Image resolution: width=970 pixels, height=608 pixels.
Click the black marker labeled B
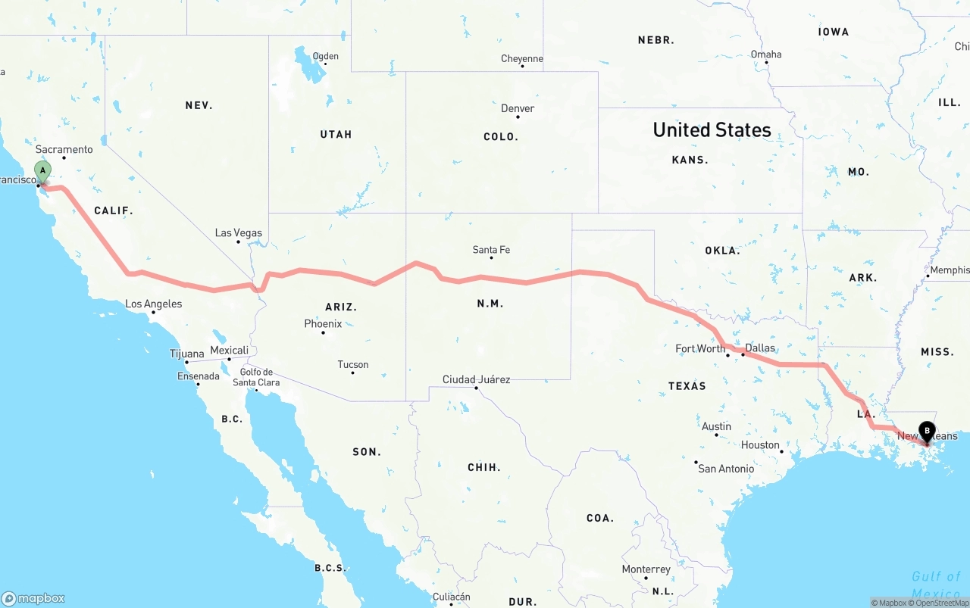[x=926, y=432]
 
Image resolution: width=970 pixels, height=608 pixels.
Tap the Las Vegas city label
[x=238, y=232]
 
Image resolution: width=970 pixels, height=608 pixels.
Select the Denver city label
[x=518, y=108]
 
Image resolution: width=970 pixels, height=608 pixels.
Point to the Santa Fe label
[x=491, y=249]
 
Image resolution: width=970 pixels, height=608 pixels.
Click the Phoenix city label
[x=323, y=323]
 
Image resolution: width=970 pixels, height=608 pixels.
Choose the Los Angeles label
[x=153, y=304]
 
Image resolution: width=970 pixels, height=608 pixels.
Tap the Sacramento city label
[x=64, y=149]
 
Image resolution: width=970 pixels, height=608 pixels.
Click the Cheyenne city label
[x=522, y=58]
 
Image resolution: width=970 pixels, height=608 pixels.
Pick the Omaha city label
[x=766, y=54]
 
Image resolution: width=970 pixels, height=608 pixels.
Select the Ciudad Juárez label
[x=476, y=379]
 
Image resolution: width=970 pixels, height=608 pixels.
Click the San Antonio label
[x=726, y=468]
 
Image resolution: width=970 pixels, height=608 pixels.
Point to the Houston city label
[x=760, y=444]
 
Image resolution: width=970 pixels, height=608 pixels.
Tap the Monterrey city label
[x=646, y=569]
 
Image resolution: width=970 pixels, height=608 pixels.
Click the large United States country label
[x=712, y=130]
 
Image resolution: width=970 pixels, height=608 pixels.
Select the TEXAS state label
[x=687, y=385]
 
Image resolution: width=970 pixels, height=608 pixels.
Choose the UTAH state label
[x=336, y=134]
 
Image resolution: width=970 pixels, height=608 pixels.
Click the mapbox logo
[x=33, y=598]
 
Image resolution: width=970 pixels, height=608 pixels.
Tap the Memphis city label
[x=950, y=270]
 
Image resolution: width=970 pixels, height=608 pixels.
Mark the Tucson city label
[x=353, y=364]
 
